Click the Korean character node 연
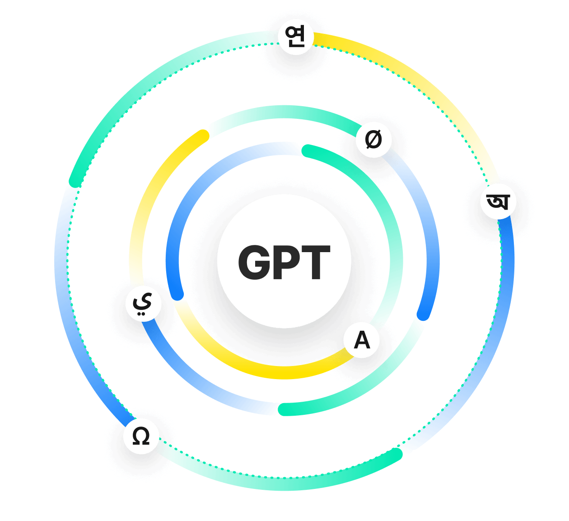coord(295,37)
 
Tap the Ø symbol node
coord(373,139)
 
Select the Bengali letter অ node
coord(498,201)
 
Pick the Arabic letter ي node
coord(143,303)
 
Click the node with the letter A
coord(362,340)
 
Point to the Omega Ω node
coord(141,437)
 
